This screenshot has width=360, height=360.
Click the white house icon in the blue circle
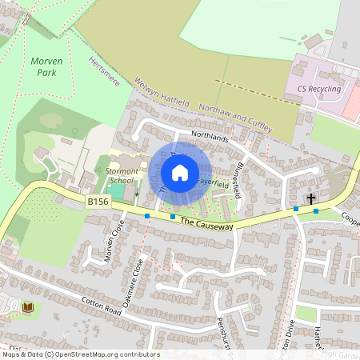[180, 173]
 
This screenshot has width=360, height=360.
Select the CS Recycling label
[318, 89]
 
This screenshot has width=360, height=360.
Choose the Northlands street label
[210, 138]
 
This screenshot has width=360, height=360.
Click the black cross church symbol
[310, 198]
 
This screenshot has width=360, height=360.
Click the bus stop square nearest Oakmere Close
[147, 215]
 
